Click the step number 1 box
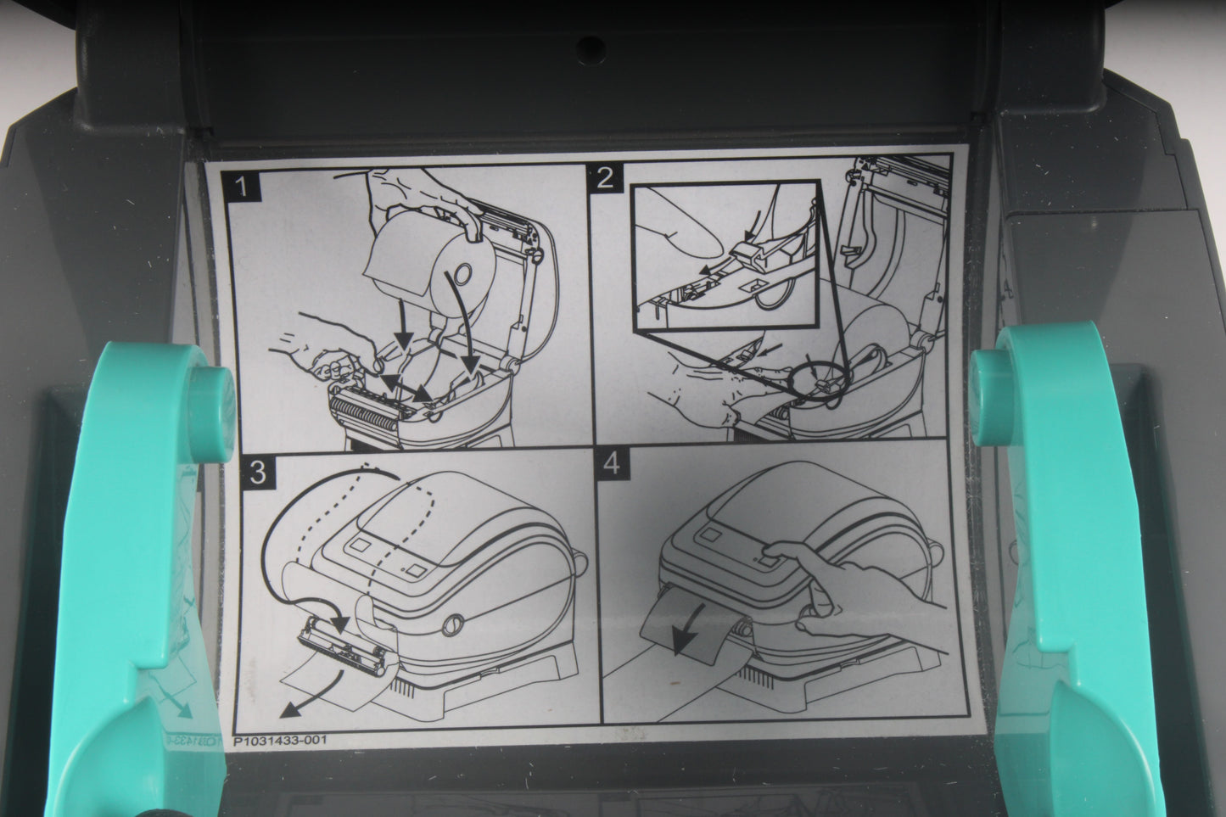click(x=241, y=187)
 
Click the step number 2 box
click(x=604, y=179)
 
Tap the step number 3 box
click(x=257, y=472)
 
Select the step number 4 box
click(x=612, y=465)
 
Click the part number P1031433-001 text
click(x=280, y=741)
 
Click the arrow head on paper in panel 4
click(x=683, y=641)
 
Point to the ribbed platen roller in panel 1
click(x=365, y=412)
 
